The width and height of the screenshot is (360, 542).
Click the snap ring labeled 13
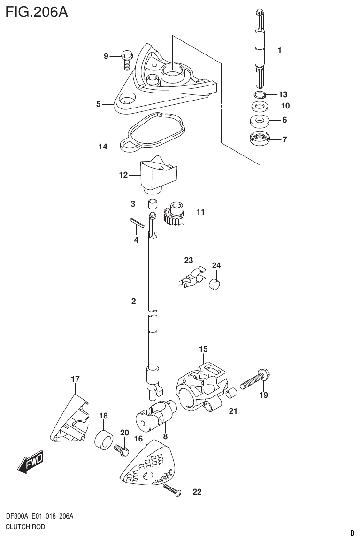[259, 94]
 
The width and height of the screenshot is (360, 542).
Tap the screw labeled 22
[172, 491]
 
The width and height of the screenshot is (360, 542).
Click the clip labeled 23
[192, 278]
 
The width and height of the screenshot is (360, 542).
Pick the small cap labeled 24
[215, 284]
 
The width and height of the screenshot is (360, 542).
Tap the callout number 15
[203, 349]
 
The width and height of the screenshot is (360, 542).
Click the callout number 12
[123, 175]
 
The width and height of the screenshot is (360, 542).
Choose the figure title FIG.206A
[37, 11]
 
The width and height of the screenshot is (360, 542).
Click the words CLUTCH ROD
[25, 527]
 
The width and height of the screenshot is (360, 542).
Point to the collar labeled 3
[152, 204]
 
